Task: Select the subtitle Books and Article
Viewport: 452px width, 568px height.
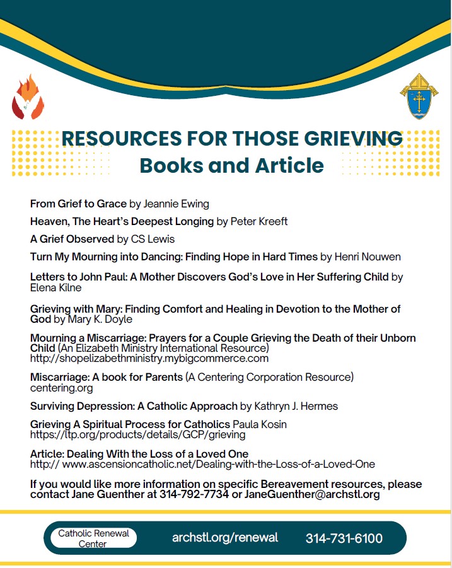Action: point(231,165)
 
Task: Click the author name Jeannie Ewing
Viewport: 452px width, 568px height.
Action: point(177,204)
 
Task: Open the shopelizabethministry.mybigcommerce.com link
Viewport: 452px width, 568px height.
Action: point(149,358)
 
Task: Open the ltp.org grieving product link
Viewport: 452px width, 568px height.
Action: point(138,434)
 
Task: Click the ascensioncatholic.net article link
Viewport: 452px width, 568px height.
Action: point(202,464)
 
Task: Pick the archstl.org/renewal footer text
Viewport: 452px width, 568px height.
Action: point(225,538)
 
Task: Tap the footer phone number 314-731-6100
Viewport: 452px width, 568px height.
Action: point(344,538)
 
